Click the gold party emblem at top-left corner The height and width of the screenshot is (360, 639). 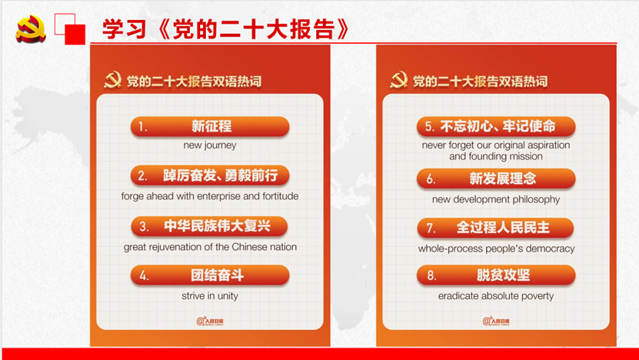tap(31, 28)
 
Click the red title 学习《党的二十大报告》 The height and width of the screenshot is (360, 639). tap(226, 28)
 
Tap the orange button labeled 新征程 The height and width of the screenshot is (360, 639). tap(210, 126)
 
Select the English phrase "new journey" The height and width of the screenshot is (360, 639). tap(210, 145)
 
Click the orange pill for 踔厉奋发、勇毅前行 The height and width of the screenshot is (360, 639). tap(210, 175)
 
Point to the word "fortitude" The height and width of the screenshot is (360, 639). tap(281, 196)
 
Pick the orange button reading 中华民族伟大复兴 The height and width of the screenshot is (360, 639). tap(209, 226)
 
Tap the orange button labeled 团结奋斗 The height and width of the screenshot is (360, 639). tap(210, 275)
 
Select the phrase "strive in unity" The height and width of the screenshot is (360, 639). tap(210, 296)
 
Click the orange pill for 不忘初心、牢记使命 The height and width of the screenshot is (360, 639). tap(496, 126)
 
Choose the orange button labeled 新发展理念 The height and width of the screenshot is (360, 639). tap(496, 178)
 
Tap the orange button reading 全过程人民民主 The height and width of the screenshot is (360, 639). tap(495, 228)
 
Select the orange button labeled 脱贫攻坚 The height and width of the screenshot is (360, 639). tap(496, 275)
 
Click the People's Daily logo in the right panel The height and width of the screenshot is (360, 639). tap(496, 322)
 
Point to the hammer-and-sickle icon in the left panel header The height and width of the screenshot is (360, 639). tap(112, 80)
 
